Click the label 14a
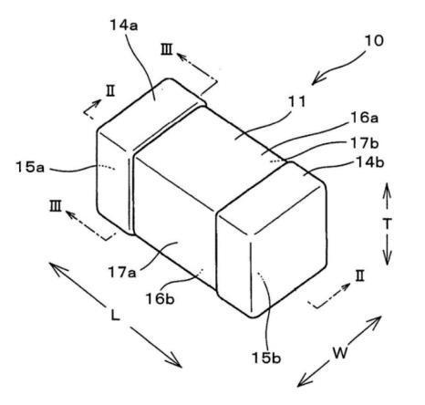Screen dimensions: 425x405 click(x=124, y=26)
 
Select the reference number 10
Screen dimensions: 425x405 click(x=374, y=41)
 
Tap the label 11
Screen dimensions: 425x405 click(x=296, y=102)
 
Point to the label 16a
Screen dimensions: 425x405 click(x=365, y=118)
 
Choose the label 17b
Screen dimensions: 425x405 click(x=365, y=143)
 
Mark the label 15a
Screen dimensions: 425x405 click(x=30, y=168)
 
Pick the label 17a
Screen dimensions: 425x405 click(x=122, y=272)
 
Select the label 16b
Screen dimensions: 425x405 click(x=161, y=299)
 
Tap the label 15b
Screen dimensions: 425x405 click(x=266, y=358)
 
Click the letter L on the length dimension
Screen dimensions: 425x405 click(x=115, y=316)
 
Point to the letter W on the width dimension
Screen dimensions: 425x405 click(x=340, y=353)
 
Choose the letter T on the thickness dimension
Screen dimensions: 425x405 click(x=387, y=224)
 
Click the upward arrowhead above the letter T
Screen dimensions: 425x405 click(x=387, y=188)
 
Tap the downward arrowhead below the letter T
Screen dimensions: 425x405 click(x=387, y=259)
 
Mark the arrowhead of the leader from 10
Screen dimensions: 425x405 click(x=316, y=79)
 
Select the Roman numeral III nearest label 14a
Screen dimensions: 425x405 click(x=167, y=50)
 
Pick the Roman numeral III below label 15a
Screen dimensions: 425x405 click(x=56, y=206)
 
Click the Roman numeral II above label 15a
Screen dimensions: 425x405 click(x=110, y=91)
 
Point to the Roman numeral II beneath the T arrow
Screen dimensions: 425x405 click(x=360, y=277)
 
